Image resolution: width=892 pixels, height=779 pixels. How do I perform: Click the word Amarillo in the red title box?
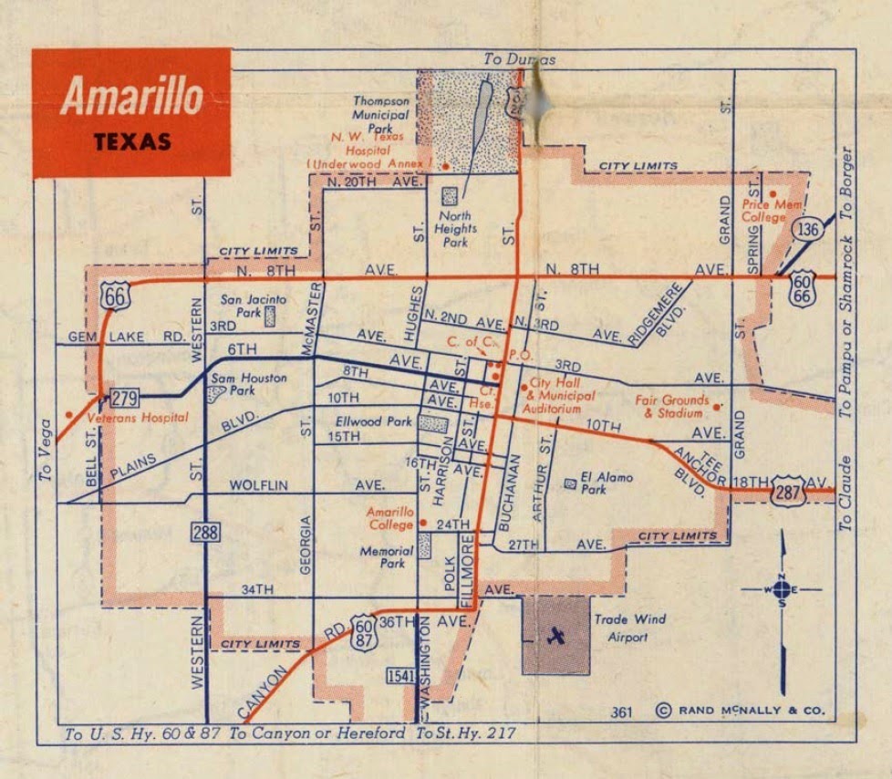131,96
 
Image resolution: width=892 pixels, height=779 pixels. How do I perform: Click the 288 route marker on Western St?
206,531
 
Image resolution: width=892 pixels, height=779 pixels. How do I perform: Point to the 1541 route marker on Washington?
399,676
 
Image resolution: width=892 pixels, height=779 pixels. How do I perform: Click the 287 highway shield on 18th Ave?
787,493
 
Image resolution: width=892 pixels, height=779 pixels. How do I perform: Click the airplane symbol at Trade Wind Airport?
555,636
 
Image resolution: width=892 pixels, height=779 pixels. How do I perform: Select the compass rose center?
782,590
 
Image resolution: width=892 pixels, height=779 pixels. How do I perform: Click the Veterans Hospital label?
137,418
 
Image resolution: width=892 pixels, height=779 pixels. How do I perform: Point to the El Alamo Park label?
607,483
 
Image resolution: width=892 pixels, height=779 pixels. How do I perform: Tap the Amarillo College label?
390,518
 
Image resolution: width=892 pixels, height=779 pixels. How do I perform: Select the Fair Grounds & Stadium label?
671,406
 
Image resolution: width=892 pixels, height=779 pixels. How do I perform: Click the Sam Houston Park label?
248,384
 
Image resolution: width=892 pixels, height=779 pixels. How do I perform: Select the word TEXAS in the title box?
131,142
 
